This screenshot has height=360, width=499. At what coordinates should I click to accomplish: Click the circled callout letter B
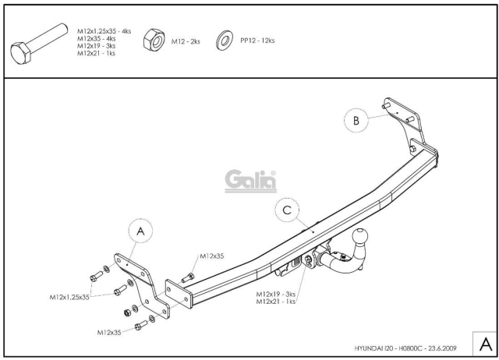click(x=356, y=121)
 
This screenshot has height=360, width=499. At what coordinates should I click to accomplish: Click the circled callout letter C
click(x=287, y=210)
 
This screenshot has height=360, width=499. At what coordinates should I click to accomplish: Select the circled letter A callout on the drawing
click(x=140, y=231)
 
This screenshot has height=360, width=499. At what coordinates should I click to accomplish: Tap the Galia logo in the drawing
click(x=251, y=181)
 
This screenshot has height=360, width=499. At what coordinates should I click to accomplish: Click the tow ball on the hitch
click(x=360, y=237)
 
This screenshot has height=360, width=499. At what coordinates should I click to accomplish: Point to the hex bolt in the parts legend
click(x=39, y=44)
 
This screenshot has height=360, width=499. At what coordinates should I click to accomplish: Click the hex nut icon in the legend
click(x=154, y=40)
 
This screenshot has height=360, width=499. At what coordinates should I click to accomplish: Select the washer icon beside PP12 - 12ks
click(x=225, y=41)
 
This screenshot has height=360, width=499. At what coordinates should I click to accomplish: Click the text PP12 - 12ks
click(x=257, y=41)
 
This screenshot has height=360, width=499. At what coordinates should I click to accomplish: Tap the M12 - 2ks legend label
click(x=186, y=41)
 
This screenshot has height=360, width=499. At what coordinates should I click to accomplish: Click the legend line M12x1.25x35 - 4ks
click(x=104, y=31)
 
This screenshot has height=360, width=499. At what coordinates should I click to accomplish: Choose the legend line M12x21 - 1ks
click(x=96, y=53)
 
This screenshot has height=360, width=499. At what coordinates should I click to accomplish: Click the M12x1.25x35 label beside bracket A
click(x=69, y=297)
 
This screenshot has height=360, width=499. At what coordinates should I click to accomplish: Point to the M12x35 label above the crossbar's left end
click(x=212, y=256)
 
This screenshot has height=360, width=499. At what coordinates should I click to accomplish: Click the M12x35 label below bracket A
click(x=109, y=333)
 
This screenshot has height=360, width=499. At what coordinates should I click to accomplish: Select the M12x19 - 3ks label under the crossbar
click(x=275, y=295)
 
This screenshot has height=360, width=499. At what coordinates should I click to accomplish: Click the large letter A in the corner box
click(x=485, y=344)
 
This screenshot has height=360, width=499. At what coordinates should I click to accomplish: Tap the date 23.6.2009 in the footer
click(x=442, y=348)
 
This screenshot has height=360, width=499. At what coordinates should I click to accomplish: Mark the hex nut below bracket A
click(x=127, y=312)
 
